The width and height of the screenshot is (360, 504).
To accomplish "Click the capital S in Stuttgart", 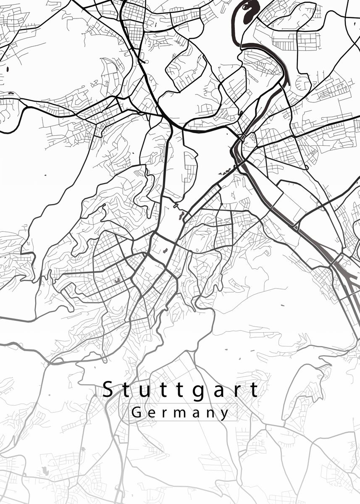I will [108, 389].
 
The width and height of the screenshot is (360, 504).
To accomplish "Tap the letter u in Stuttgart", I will [145, 391].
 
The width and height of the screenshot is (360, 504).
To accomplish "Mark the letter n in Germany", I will [210, 413].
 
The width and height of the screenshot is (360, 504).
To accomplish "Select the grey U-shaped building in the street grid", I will [117, 280].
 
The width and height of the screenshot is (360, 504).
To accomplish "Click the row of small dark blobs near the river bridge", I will [224, 171].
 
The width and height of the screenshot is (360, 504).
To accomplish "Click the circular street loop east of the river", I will [303, 81].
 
